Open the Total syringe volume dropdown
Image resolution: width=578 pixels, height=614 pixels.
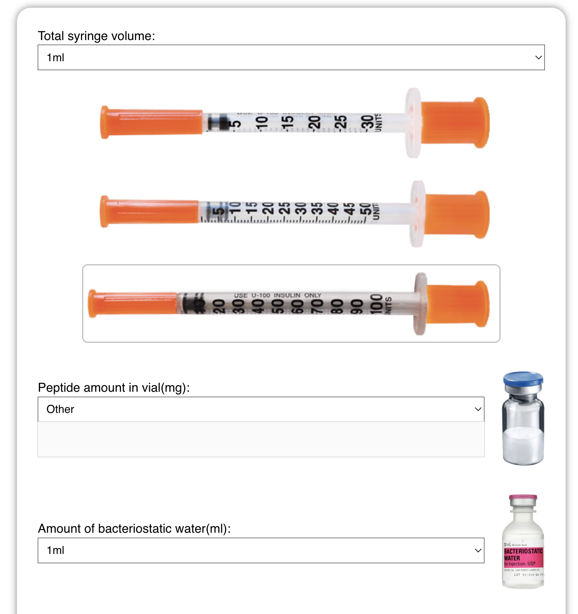click(x=291, y=57)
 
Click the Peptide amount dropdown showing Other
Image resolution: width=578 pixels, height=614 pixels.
click(x=261, y=409)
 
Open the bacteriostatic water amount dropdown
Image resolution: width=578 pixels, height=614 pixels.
click(x=261, y=550)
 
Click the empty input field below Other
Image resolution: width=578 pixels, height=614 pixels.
click(x=261, y=439)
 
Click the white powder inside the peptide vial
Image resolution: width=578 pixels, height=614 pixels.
click(x=523, y=443)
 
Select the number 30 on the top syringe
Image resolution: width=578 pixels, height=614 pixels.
click(x=367, y=122)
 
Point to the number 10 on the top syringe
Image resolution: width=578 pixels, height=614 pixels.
click(x=262, y=122)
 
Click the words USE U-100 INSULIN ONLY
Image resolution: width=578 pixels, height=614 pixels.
click(x=277, y=295)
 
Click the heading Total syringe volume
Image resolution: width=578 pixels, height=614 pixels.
click(x=96, y=36)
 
